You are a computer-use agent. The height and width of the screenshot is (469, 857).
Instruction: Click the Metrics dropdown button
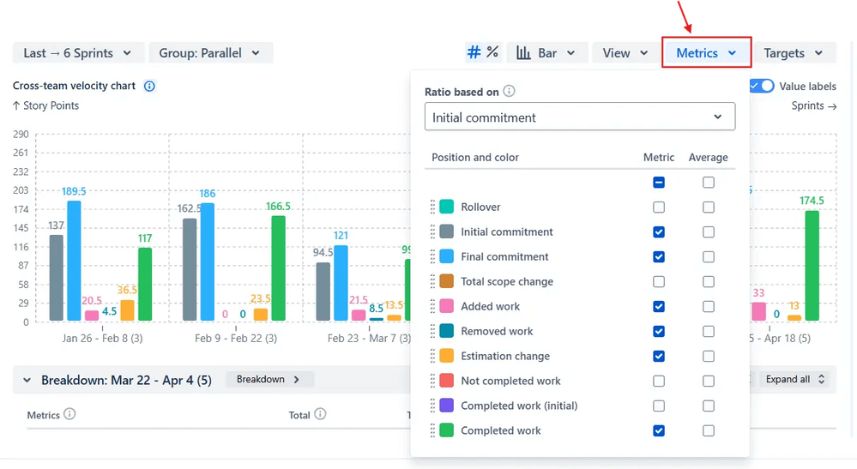click(706, 53)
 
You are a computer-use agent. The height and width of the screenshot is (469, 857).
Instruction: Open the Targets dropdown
click(793, 53)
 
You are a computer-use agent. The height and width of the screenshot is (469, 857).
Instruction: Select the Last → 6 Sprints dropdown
click(77, 53)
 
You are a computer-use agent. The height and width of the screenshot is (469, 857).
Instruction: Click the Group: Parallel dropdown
click(210, 53)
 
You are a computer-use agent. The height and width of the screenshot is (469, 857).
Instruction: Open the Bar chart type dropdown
click(547, 53)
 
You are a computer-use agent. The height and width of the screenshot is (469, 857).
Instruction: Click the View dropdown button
click(625, 53)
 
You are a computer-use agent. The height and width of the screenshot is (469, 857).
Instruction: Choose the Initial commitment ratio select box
click(579, 117)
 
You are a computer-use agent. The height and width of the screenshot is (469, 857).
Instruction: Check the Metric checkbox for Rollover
click(658, 207)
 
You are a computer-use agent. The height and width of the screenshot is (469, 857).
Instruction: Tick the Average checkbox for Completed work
click(708, 430)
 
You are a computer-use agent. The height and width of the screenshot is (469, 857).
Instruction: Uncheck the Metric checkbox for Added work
click(658, 306)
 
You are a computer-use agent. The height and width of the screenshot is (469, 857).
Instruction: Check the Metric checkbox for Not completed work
click(658, 381)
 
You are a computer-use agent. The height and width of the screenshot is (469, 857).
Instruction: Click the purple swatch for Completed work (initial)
click(446, 406)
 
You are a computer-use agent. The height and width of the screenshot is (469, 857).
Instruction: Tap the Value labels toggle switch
click(762, 86)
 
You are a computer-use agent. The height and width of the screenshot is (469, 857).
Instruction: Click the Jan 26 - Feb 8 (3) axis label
click(103, 339)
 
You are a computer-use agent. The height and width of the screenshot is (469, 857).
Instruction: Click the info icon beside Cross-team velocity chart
click(149, 86)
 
